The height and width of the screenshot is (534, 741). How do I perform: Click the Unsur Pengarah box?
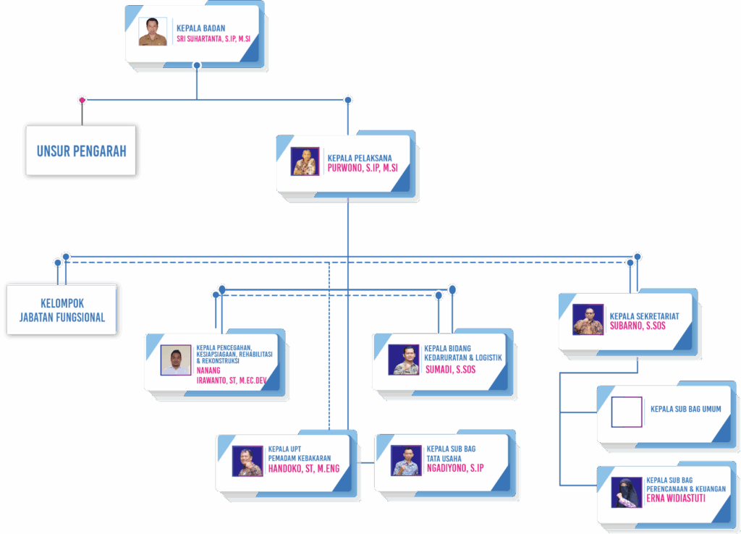point(81,151)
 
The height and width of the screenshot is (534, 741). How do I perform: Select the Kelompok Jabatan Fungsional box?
point(62,310)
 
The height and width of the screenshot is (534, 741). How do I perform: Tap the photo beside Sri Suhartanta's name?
point(153,32)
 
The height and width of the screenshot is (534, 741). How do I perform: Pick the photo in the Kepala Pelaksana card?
point(305,161)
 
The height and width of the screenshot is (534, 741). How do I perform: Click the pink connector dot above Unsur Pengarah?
point(82,100)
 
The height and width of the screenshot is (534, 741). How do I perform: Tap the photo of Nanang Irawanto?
point(176,360)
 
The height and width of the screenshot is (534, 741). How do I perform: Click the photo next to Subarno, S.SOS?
point(588,319)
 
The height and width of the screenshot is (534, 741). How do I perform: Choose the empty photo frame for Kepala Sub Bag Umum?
point(626,412)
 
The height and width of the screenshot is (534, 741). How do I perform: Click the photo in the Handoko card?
point(247,461)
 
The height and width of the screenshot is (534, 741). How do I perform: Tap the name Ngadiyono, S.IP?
point(455,468)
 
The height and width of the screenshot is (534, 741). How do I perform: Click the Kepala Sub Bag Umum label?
point(685,410)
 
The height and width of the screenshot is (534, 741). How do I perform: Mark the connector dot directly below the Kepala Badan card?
point(196,66)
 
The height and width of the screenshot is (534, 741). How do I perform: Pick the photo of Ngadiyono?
point(406,460)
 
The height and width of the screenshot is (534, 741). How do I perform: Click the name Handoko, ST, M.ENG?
point(303,468)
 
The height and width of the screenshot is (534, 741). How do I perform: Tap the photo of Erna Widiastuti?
point(626,492)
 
